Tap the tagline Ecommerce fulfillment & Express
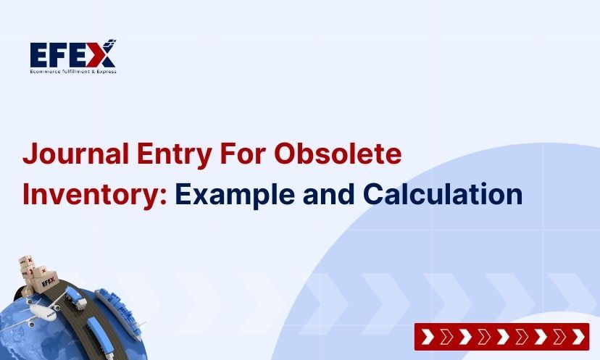(73, 71)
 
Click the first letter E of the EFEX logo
(39, 55)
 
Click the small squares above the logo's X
(111, 42)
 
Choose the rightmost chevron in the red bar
(578, 337)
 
